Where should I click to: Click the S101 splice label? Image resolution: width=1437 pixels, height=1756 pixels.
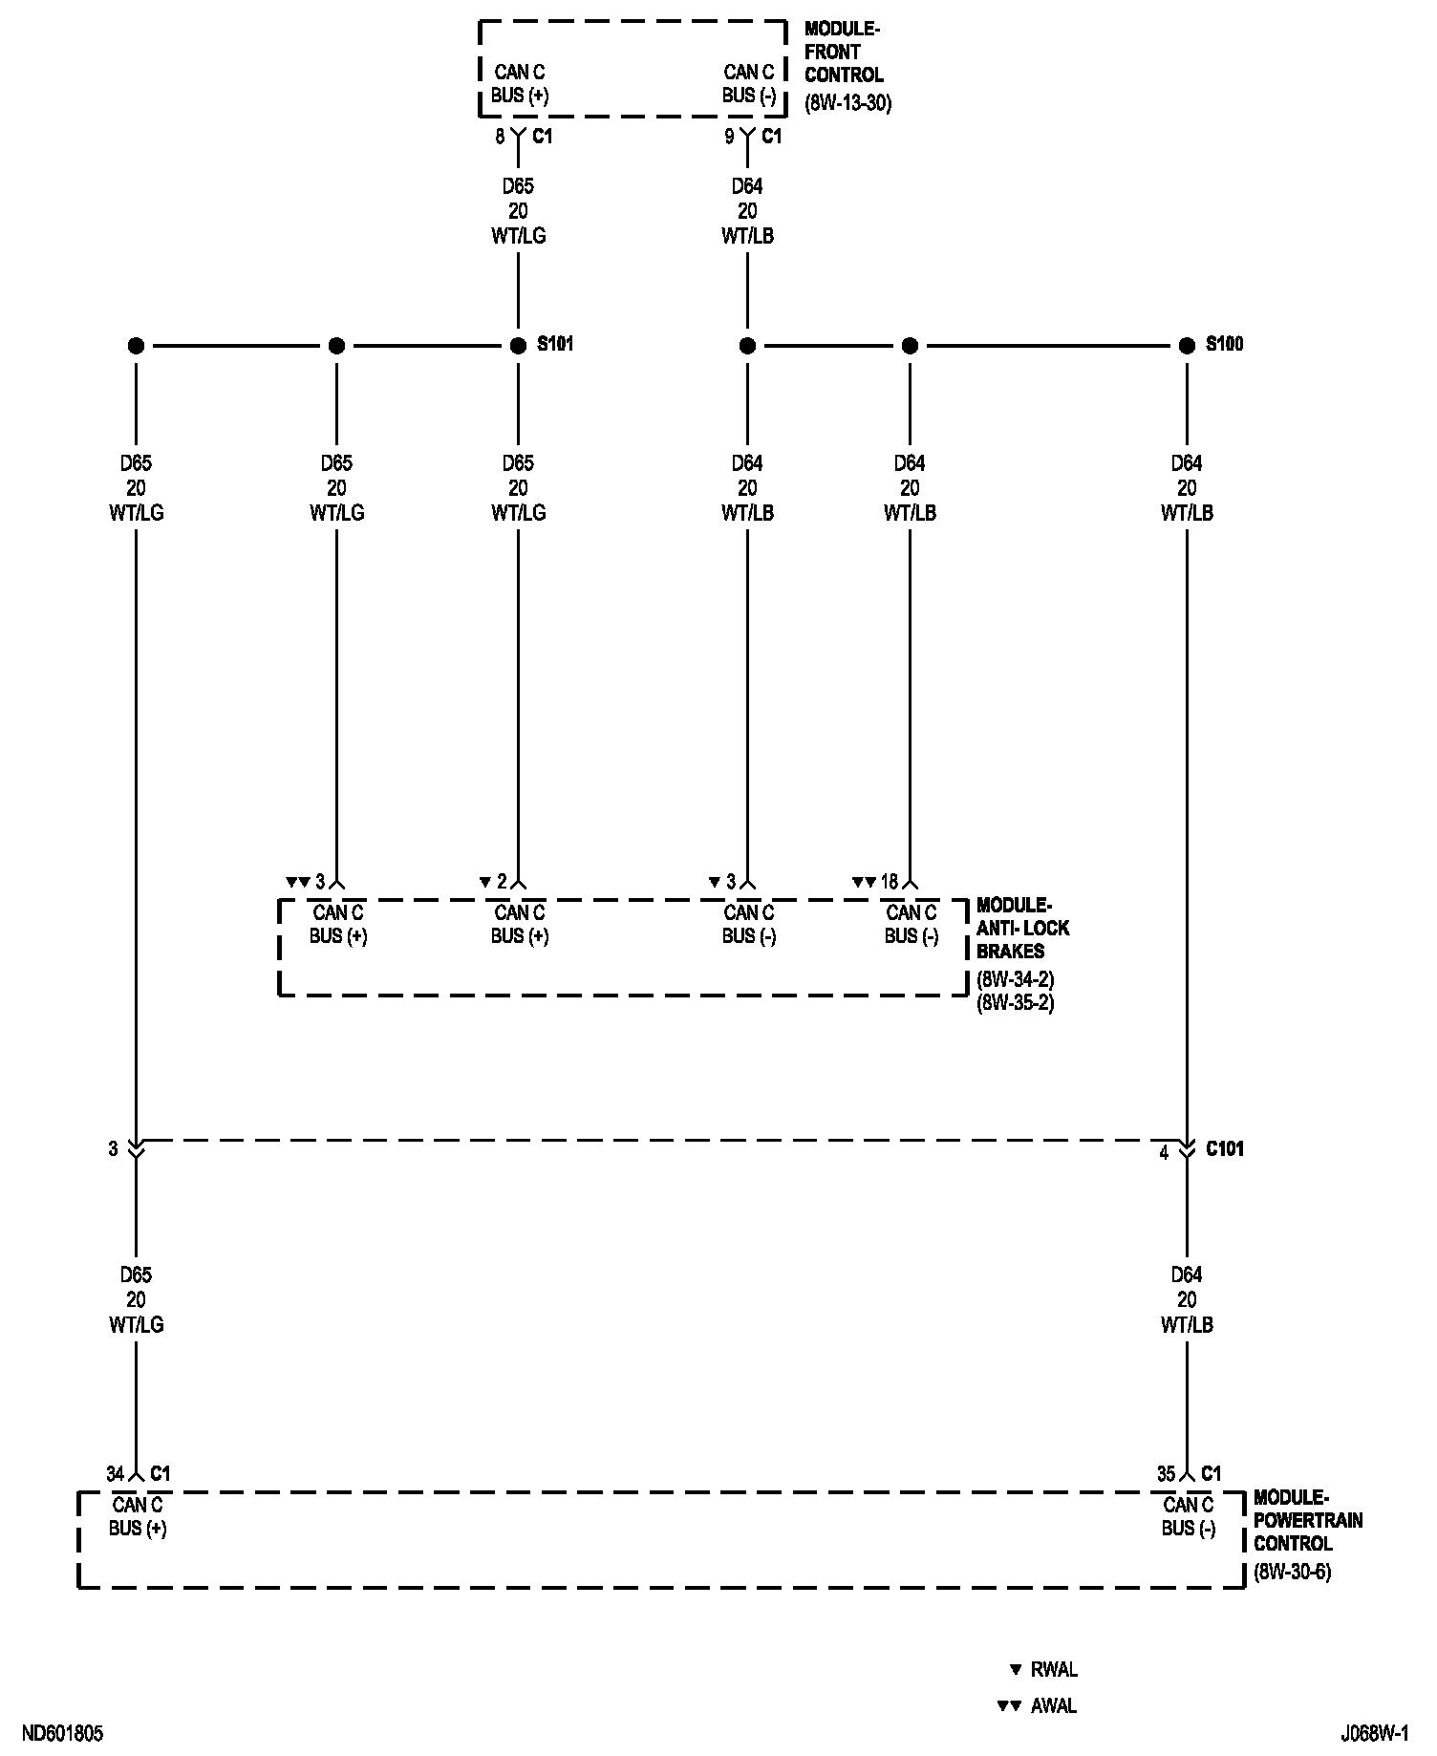(555, 344)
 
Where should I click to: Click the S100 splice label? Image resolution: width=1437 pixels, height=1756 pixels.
(1224, 344)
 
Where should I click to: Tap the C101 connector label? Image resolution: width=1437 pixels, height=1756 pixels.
(1224, 1149)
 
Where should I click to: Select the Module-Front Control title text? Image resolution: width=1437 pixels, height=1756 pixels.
(843, 53)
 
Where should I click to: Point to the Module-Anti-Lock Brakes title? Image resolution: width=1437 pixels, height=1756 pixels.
(1022, 928)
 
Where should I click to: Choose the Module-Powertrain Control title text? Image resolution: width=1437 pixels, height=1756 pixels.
(1307, 1520)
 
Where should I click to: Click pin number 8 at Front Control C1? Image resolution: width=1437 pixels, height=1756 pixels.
(500, 138)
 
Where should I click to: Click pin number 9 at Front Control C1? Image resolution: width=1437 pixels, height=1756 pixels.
(729, 138)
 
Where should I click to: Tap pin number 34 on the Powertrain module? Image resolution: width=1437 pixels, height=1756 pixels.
(116, 1474)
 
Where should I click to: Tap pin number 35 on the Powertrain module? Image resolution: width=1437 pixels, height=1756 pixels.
(1166, 1474)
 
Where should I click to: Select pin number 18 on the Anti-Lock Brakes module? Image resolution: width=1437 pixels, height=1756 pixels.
(889, 882)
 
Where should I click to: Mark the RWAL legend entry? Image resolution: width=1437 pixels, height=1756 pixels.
(1054, 1670)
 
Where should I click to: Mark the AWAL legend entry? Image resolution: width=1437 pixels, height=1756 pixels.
(1053, 1705)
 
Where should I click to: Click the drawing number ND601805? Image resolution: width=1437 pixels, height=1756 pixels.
(63, 1733)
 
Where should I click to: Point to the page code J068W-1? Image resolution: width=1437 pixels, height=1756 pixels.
(1374, 1733)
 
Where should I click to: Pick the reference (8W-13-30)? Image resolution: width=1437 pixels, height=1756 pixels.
(848, 103)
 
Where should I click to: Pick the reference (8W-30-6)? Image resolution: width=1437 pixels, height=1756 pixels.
(1293, 1572)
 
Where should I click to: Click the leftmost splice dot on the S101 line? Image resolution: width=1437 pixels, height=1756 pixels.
(136, 345)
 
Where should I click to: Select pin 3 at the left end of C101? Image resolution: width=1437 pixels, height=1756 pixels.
(113, 1149)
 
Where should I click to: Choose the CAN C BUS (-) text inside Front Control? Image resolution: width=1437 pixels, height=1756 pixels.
(749, 84)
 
